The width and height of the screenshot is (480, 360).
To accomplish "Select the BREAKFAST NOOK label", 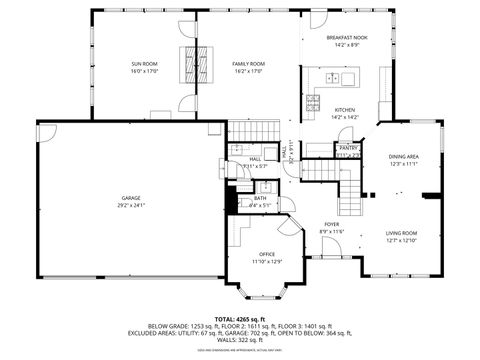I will [x=345, y=37].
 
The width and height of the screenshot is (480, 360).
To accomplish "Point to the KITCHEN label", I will [x=344, y=110].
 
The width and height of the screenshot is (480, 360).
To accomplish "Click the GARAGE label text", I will [x=131, y=198].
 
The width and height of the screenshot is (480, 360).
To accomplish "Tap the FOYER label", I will [x=331, y=224].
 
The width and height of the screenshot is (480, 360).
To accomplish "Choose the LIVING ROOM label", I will [x=402, y=233].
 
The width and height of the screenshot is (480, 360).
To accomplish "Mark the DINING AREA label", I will [x=403, y=157].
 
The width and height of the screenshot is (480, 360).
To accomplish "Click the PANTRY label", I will [x=348, y=147].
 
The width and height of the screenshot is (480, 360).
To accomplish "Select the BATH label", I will [x=260, y=198].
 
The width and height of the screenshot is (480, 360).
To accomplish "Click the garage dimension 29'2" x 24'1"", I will [x=131, y=206].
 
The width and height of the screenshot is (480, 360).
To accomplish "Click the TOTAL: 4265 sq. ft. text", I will [x=240, y=318].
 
